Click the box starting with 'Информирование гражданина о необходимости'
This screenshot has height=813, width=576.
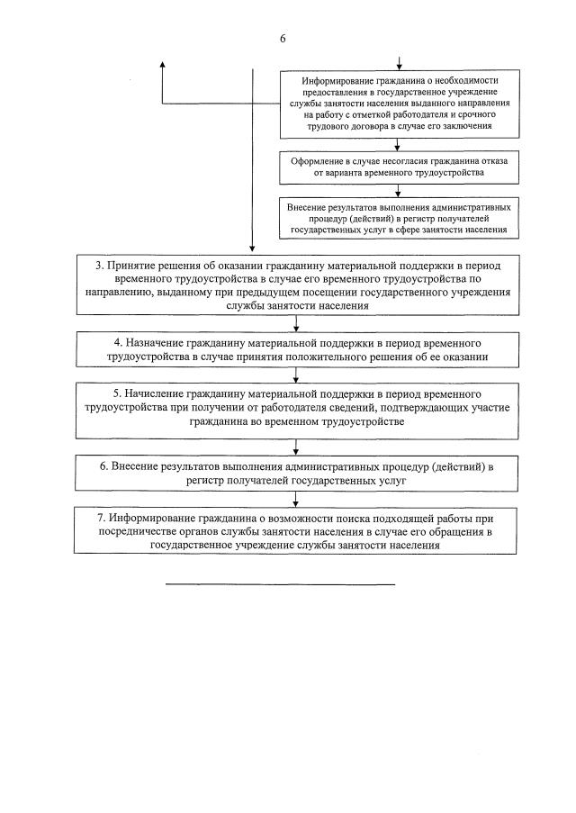[x=400, y=104]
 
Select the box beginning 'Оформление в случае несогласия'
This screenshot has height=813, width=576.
[x=400, y=166]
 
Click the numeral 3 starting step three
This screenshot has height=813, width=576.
[x=99, y=266]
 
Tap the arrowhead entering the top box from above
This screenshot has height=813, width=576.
[x=400, y=66]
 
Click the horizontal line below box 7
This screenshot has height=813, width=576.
[x=280, y=585]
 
